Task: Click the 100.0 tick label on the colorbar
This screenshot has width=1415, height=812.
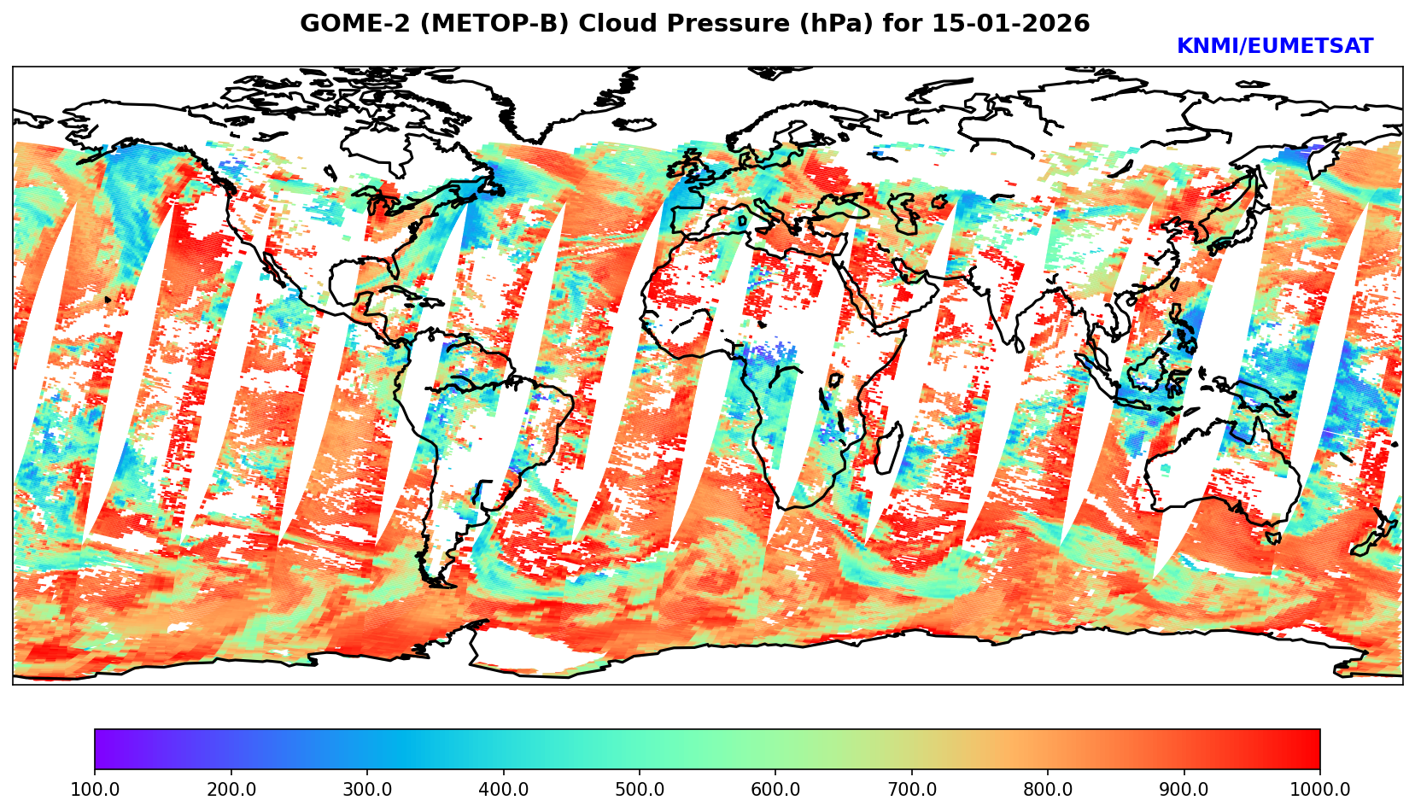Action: (95, 790)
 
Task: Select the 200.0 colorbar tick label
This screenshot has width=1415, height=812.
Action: (231, 790)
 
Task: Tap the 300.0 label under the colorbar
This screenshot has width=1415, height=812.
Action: (367, 790)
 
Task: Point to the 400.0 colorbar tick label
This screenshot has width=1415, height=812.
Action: (503, 790)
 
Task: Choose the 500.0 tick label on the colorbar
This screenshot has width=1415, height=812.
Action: (640, 790)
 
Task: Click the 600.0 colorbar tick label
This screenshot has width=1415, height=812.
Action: (775, 790)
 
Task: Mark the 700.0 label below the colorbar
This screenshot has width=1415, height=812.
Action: (912, 790)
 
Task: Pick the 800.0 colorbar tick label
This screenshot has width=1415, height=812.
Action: (1048, 790)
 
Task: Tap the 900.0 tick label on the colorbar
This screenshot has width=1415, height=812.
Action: (1184, 790)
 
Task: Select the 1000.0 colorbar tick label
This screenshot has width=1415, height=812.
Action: (1320, 790)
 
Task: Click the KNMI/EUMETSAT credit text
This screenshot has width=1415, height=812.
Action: (1275, 47)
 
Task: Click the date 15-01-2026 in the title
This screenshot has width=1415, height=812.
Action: (1010, 24)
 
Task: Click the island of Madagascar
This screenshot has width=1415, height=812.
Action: (889, 449)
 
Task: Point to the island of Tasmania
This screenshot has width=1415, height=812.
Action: (1272, 537)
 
